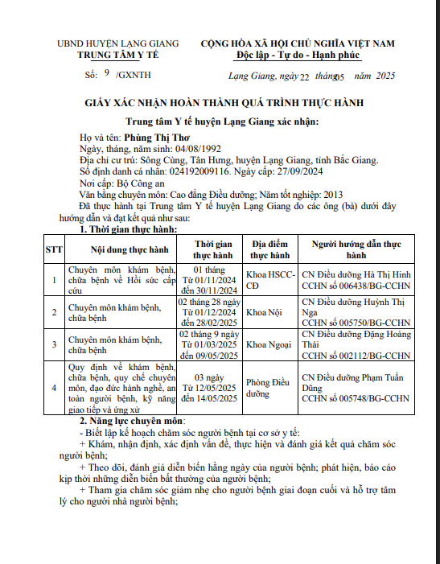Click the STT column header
click(54, 249)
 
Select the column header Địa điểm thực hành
click(269, 249)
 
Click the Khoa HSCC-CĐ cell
click(269, 280)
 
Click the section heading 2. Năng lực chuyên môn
click(132, 421)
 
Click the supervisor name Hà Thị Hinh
click(387, 274)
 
